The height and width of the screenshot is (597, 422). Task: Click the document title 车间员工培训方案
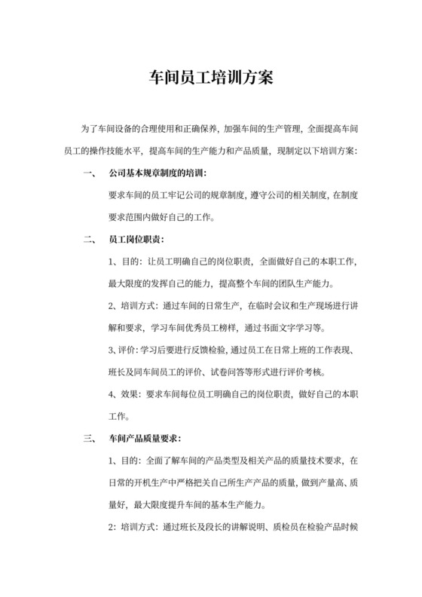tap(210, 77)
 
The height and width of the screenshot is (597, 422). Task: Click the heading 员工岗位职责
tap(133, 241)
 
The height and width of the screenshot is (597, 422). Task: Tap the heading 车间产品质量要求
tap(143, 438)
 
